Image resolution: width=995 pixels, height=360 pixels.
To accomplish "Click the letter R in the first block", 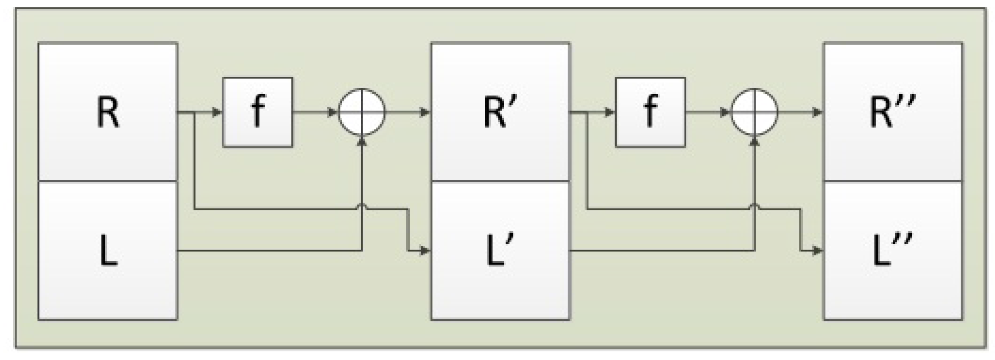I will pos(108,112).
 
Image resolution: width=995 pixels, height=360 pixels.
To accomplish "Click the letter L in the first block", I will pos(108,251).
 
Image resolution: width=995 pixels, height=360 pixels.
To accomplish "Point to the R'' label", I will pos(892,112).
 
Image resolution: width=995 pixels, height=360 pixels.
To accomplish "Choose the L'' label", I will pos(892,251).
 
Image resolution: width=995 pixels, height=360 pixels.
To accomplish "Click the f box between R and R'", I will pos(257,112).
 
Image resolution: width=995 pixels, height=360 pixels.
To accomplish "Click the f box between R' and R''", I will pos(650,112).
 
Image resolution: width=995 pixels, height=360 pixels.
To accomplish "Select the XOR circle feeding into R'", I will pos(362,112).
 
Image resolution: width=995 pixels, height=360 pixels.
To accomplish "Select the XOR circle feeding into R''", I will pos(755,112).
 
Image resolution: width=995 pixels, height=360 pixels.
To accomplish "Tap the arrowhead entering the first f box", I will pos(217,112).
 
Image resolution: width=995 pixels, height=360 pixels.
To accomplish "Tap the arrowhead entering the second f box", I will pos(610,112).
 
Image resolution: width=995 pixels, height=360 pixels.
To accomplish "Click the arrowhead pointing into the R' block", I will pos(425,112).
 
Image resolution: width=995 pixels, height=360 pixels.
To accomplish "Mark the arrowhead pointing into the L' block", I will pos(425,251).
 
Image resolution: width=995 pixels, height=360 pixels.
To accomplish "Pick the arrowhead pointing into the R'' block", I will pos(818,112).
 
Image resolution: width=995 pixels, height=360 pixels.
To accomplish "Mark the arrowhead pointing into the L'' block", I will pos(818,251).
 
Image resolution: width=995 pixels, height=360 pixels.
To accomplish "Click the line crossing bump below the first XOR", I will pos(362,207).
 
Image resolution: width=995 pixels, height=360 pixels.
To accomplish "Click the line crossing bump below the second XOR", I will pos(755,207).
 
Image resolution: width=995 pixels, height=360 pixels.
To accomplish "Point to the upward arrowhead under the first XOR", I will pos(362,141).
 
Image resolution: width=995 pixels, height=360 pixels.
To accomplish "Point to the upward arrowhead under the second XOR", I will pos(755,141).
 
